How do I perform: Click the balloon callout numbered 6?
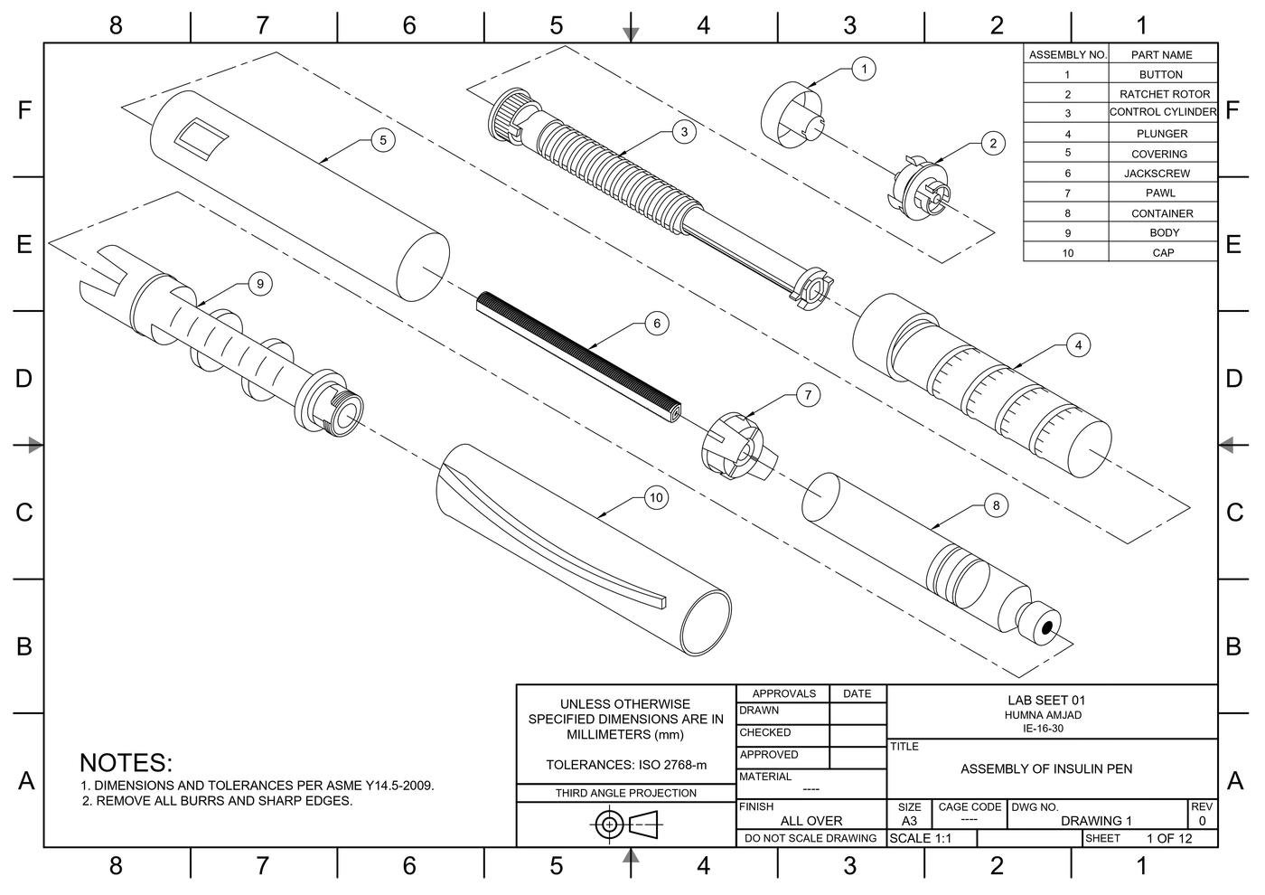pyautogui.click(x=657, y=324)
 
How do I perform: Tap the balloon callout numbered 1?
pyautogui.click(x=864, y=69)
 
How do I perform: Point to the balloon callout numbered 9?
pyautogui.click(x=260, y=284)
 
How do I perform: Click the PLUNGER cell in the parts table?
pyautogui.click(x=1162, y=134)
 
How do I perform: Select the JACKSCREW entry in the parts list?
pyautogui.click(x=1162, y=174)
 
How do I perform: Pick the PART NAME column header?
pyautogui.click(x=1162, y=55)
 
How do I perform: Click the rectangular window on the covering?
pyautogui.click(x=201, y=138)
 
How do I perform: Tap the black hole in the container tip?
pyautogui.click(x=1046, y=628)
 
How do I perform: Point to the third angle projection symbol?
pyautogui.click(x=627, y=824)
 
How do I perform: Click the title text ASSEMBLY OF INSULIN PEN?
pyautogui.click(x=1045, y=769)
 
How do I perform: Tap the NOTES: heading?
pyautogui.click(x=126, y=763)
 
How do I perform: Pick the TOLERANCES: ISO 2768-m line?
pyautogui.click(x=625, y=765)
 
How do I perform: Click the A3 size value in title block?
pyautogui.click(x=908, y=821)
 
